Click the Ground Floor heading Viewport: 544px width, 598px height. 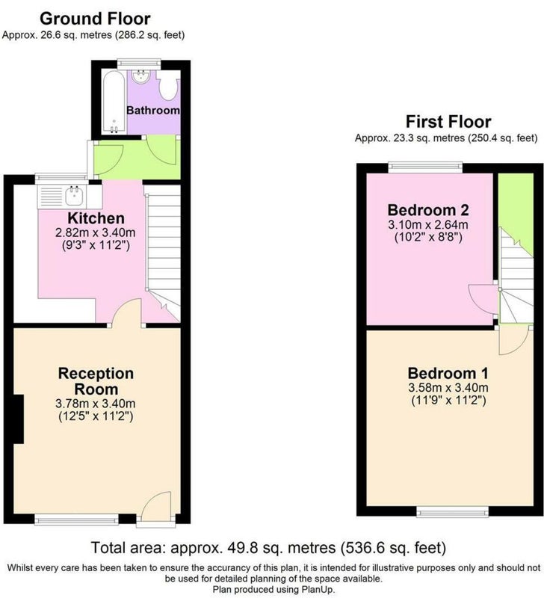[95, 19]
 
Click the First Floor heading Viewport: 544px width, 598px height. [448, 122]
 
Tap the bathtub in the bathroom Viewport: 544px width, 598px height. [114, 102]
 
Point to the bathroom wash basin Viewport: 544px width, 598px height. [141, 77]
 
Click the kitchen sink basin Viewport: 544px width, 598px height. [74, 196]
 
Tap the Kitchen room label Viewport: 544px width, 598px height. [96, 218]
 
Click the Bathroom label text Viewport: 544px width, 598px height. [153, 110]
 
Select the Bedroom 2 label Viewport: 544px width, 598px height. [428, 210]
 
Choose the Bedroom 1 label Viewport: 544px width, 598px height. [448, 372]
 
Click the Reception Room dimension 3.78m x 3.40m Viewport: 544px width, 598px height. [96, 403]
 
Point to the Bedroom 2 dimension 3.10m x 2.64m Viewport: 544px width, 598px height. [428, 225]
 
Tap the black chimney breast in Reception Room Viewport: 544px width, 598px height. [19, 419]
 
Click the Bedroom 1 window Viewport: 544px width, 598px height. [453, 511]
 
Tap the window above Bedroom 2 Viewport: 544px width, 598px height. [425, 167]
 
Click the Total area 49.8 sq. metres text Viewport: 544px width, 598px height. [268, 548]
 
